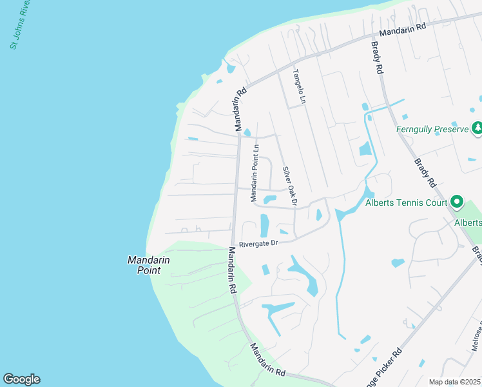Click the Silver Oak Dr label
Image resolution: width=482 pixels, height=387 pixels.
click(290, 187)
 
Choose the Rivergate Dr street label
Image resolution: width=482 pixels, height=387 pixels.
click(258, 244)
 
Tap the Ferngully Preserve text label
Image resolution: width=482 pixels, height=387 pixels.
click(431, 130)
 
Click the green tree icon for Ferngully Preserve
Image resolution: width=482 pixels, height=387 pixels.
click(477, 128)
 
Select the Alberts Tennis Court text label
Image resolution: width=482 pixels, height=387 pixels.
click(406, 203)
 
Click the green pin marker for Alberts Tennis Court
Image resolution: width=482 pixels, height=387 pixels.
click(456, 202)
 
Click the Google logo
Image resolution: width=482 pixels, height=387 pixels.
click(21, 379)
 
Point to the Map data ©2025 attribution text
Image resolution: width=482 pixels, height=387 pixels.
click(455, 382)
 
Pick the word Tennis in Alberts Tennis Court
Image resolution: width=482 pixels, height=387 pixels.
click(410, 203)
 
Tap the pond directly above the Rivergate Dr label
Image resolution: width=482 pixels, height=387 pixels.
click(264, 226)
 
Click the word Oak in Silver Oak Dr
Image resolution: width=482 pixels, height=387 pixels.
click(289, 187)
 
